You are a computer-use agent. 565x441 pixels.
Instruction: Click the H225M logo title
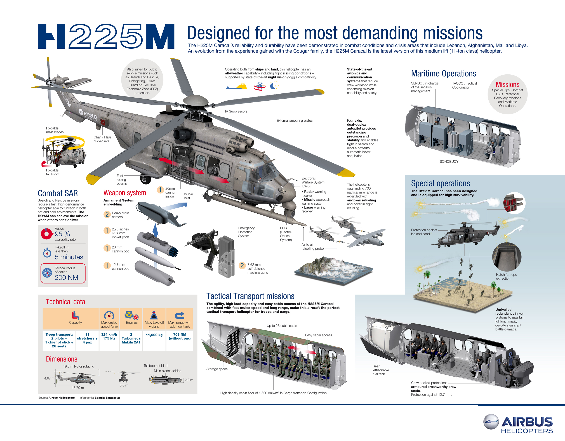click(x=106, y=36)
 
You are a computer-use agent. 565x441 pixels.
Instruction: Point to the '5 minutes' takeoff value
click(x=69, y=257)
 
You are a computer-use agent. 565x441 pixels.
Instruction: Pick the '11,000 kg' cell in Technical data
click(x=154, y=335)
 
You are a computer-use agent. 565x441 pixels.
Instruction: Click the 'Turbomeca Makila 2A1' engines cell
click(x=131, y=338)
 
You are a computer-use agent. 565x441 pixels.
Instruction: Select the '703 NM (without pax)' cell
click(x=180, y=336)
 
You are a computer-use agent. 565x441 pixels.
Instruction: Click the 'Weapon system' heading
click(x=125, y=193)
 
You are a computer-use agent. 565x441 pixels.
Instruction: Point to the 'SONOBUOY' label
click(x=449, y=161)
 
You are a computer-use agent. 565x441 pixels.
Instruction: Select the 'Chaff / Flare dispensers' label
click(x=102, y=139)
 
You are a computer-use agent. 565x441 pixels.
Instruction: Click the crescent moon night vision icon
click(x=273, y=86)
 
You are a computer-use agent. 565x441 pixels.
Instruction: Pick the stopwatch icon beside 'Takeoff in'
click(x=47, y=253)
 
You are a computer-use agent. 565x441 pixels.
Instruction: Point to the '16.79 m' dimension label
click(x=78, y=388)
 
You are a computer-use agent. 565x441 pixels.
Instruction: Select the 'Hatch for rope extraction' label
click(x=506, y=277)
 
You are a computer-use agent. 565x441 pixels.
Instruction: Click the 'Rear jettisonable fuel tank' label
click(x=380, y=370)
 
